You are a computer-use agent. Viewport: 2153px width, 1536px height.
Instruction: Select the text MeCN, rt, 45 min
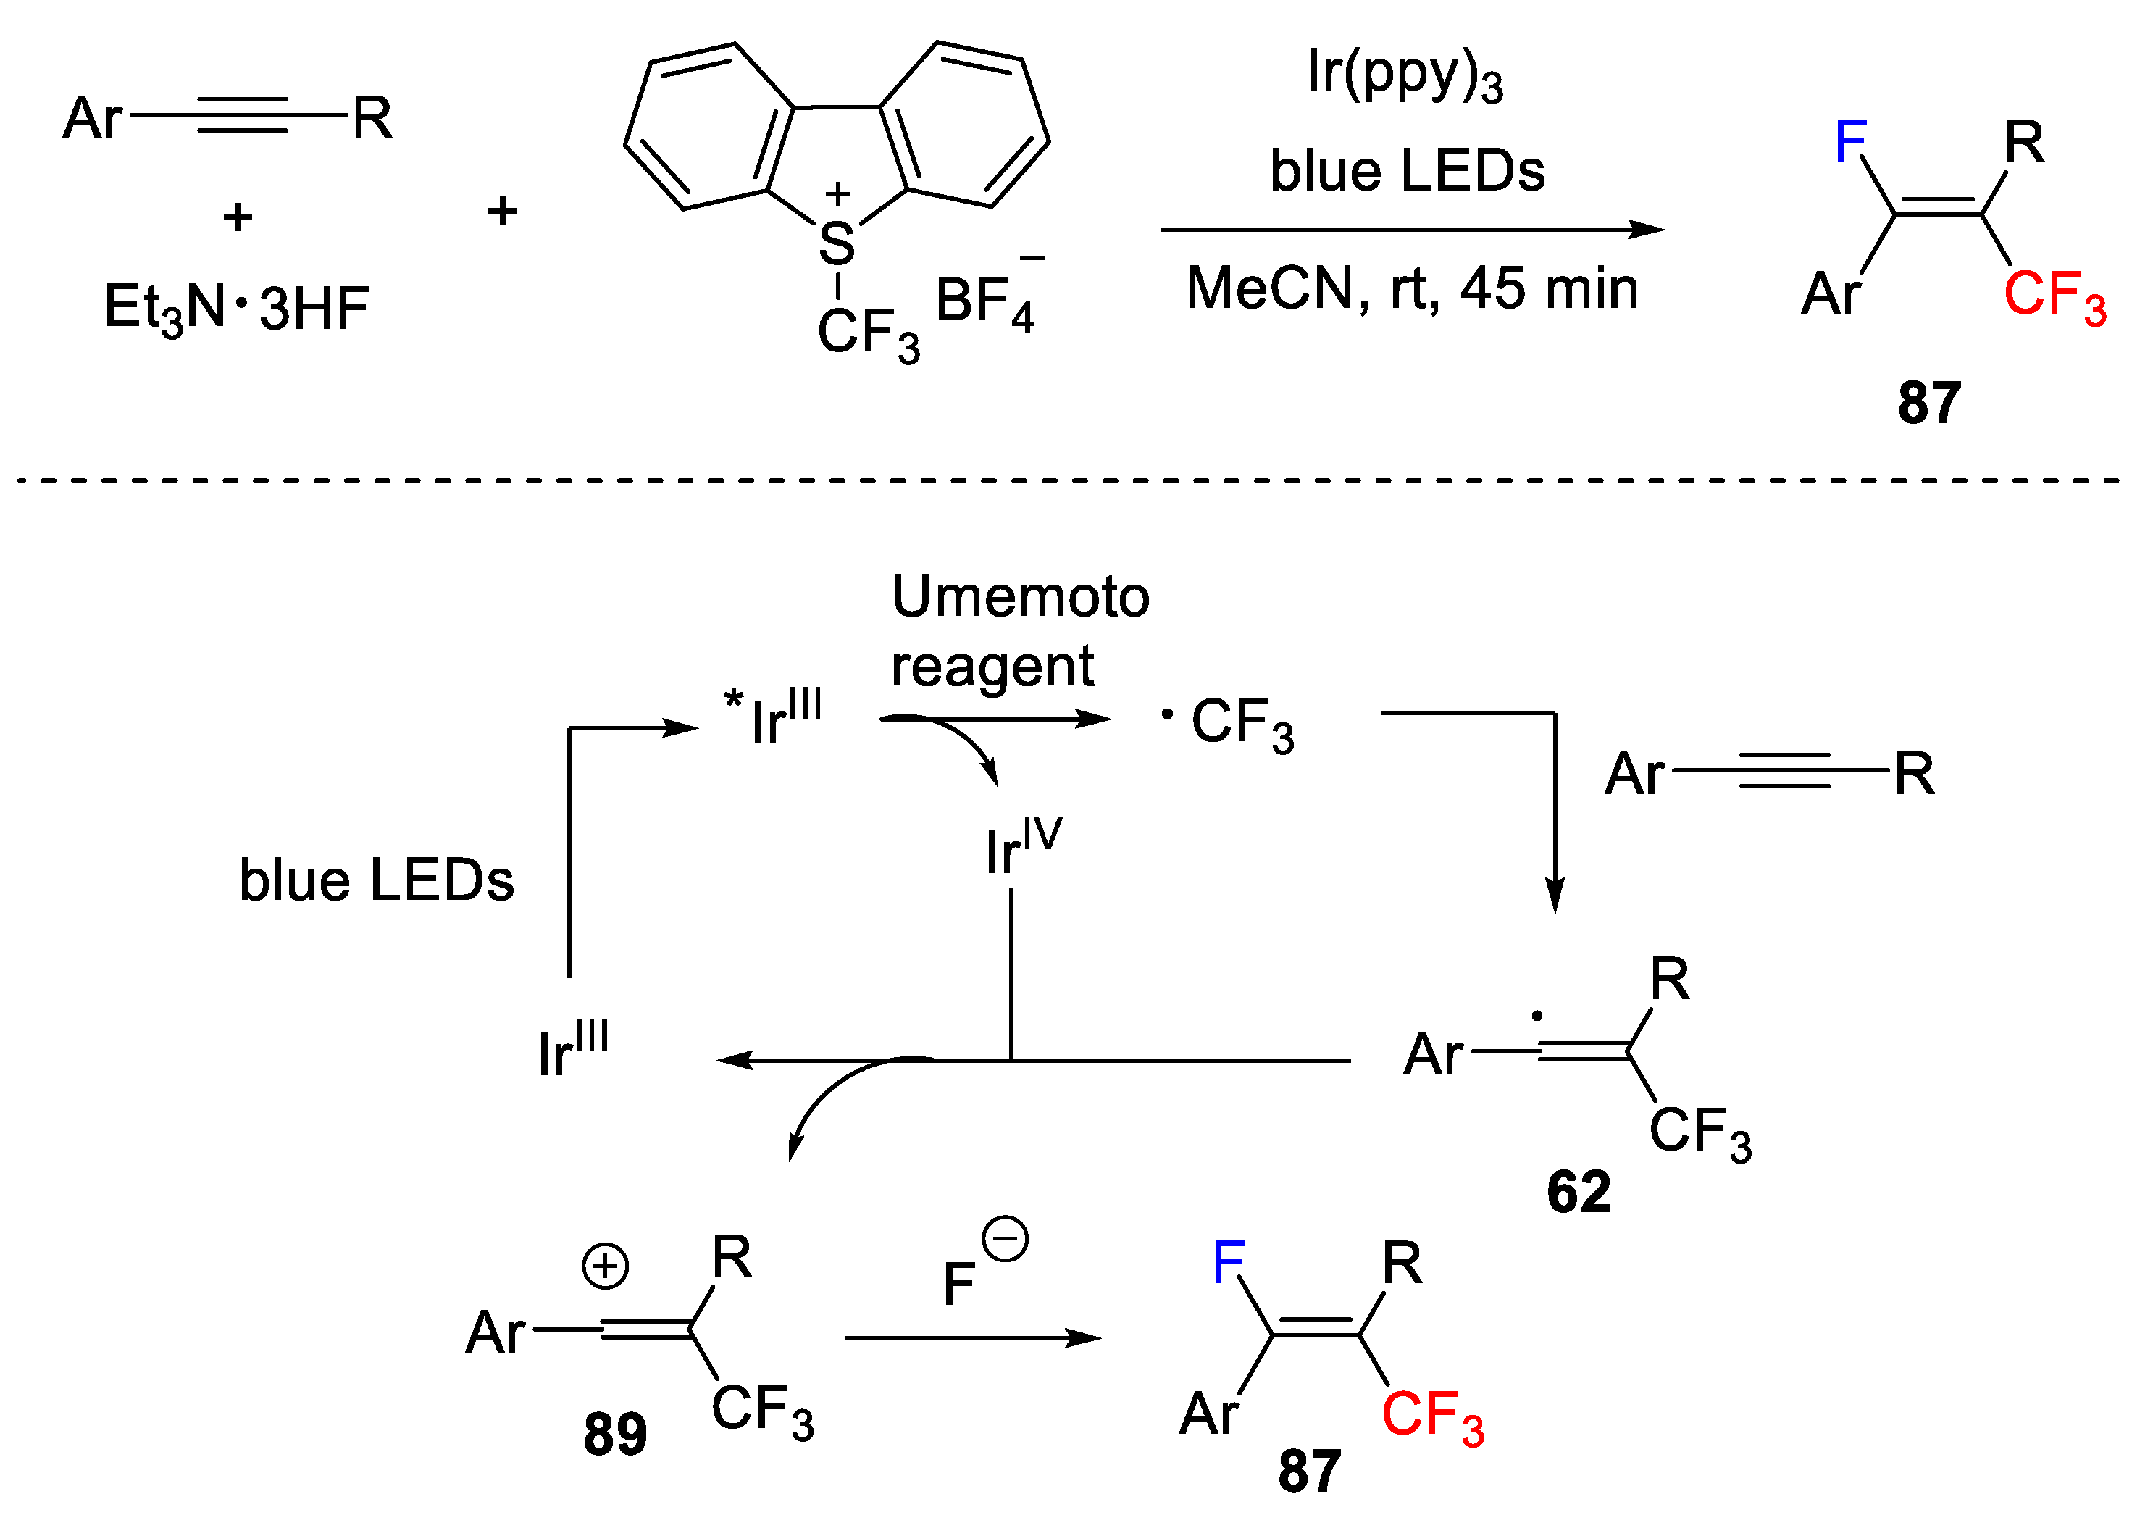click(1412, 288)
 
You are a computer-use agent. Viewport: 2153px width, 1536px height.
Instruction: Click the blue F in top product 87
click(1850, 143)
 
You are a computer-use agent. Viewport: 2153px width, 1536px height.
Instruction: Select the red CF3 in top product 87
click(2054, 295)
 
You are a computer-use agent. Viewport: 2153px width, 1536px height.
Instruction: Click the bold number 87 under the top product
click(1929, 403)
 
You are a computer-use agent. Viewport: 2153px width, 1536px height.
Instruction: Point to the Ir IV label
click(1022, 846)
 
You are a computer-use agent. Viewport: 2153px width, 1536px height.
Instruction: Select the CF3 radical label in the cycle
click(1229, 724)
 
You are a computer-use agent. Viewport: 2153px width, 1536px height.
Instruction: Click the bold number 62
click(1578, 1192)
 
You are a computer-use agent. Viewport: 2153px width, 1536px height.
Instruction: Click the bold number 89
click(614, 1434)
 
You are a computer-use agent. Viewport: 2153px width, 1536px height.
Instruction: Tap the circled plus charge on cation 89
click(605, 1266)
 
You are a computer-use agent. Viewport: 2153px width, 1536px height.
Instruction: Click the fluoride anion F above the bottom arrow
click(960, 1283)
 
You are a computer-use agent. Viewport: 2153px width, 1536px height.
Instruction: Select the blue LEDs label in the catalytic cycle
click(376, 880)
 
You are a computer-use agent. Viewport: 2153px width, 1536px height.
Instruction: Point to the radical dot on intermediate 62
click(1537, 1017)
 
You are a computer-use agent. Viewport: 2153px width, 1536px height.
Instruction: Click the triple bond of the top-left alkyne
click(241, 117)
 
